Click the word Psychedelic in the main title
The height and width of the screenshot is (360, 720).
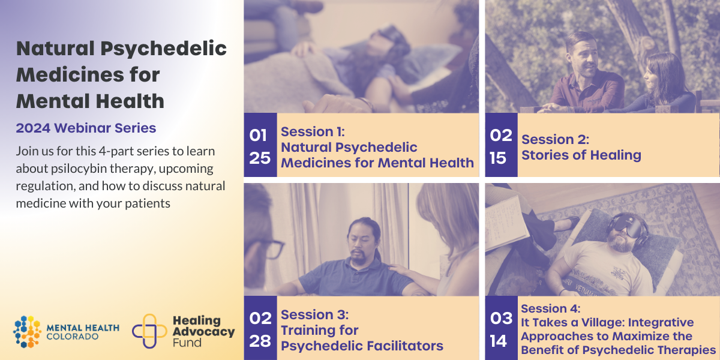coord(163,49)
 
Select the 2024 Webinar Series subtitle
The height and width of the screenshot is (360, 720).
coord(86,128)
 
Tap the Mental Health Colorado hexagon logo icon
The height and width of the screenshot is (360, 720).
coord(28,332)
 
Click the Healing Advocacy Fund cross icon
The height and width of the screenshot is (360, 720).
coord(149,331)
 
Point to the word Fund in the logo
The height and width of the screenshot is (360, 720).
coord(187,343)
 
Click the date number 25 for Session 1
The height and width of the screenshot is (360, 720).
coord(260,158)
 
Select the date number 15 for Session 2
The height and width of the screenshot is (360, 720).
coord(498,158)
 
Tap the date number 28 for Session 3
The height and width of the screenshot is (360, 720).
coord(260,341)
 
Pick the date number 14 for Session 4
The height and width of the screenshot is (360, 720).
coord(499,341)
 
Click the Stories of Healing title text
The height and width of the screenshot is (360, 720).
coord(581,155)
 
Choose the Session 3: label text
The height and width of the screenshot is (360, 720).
coord(314,314)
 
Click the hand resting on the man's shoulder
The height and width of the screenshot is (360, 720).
coord(398,269)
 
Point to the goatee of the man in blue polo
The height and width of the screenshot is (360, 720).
coord(358,257)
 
